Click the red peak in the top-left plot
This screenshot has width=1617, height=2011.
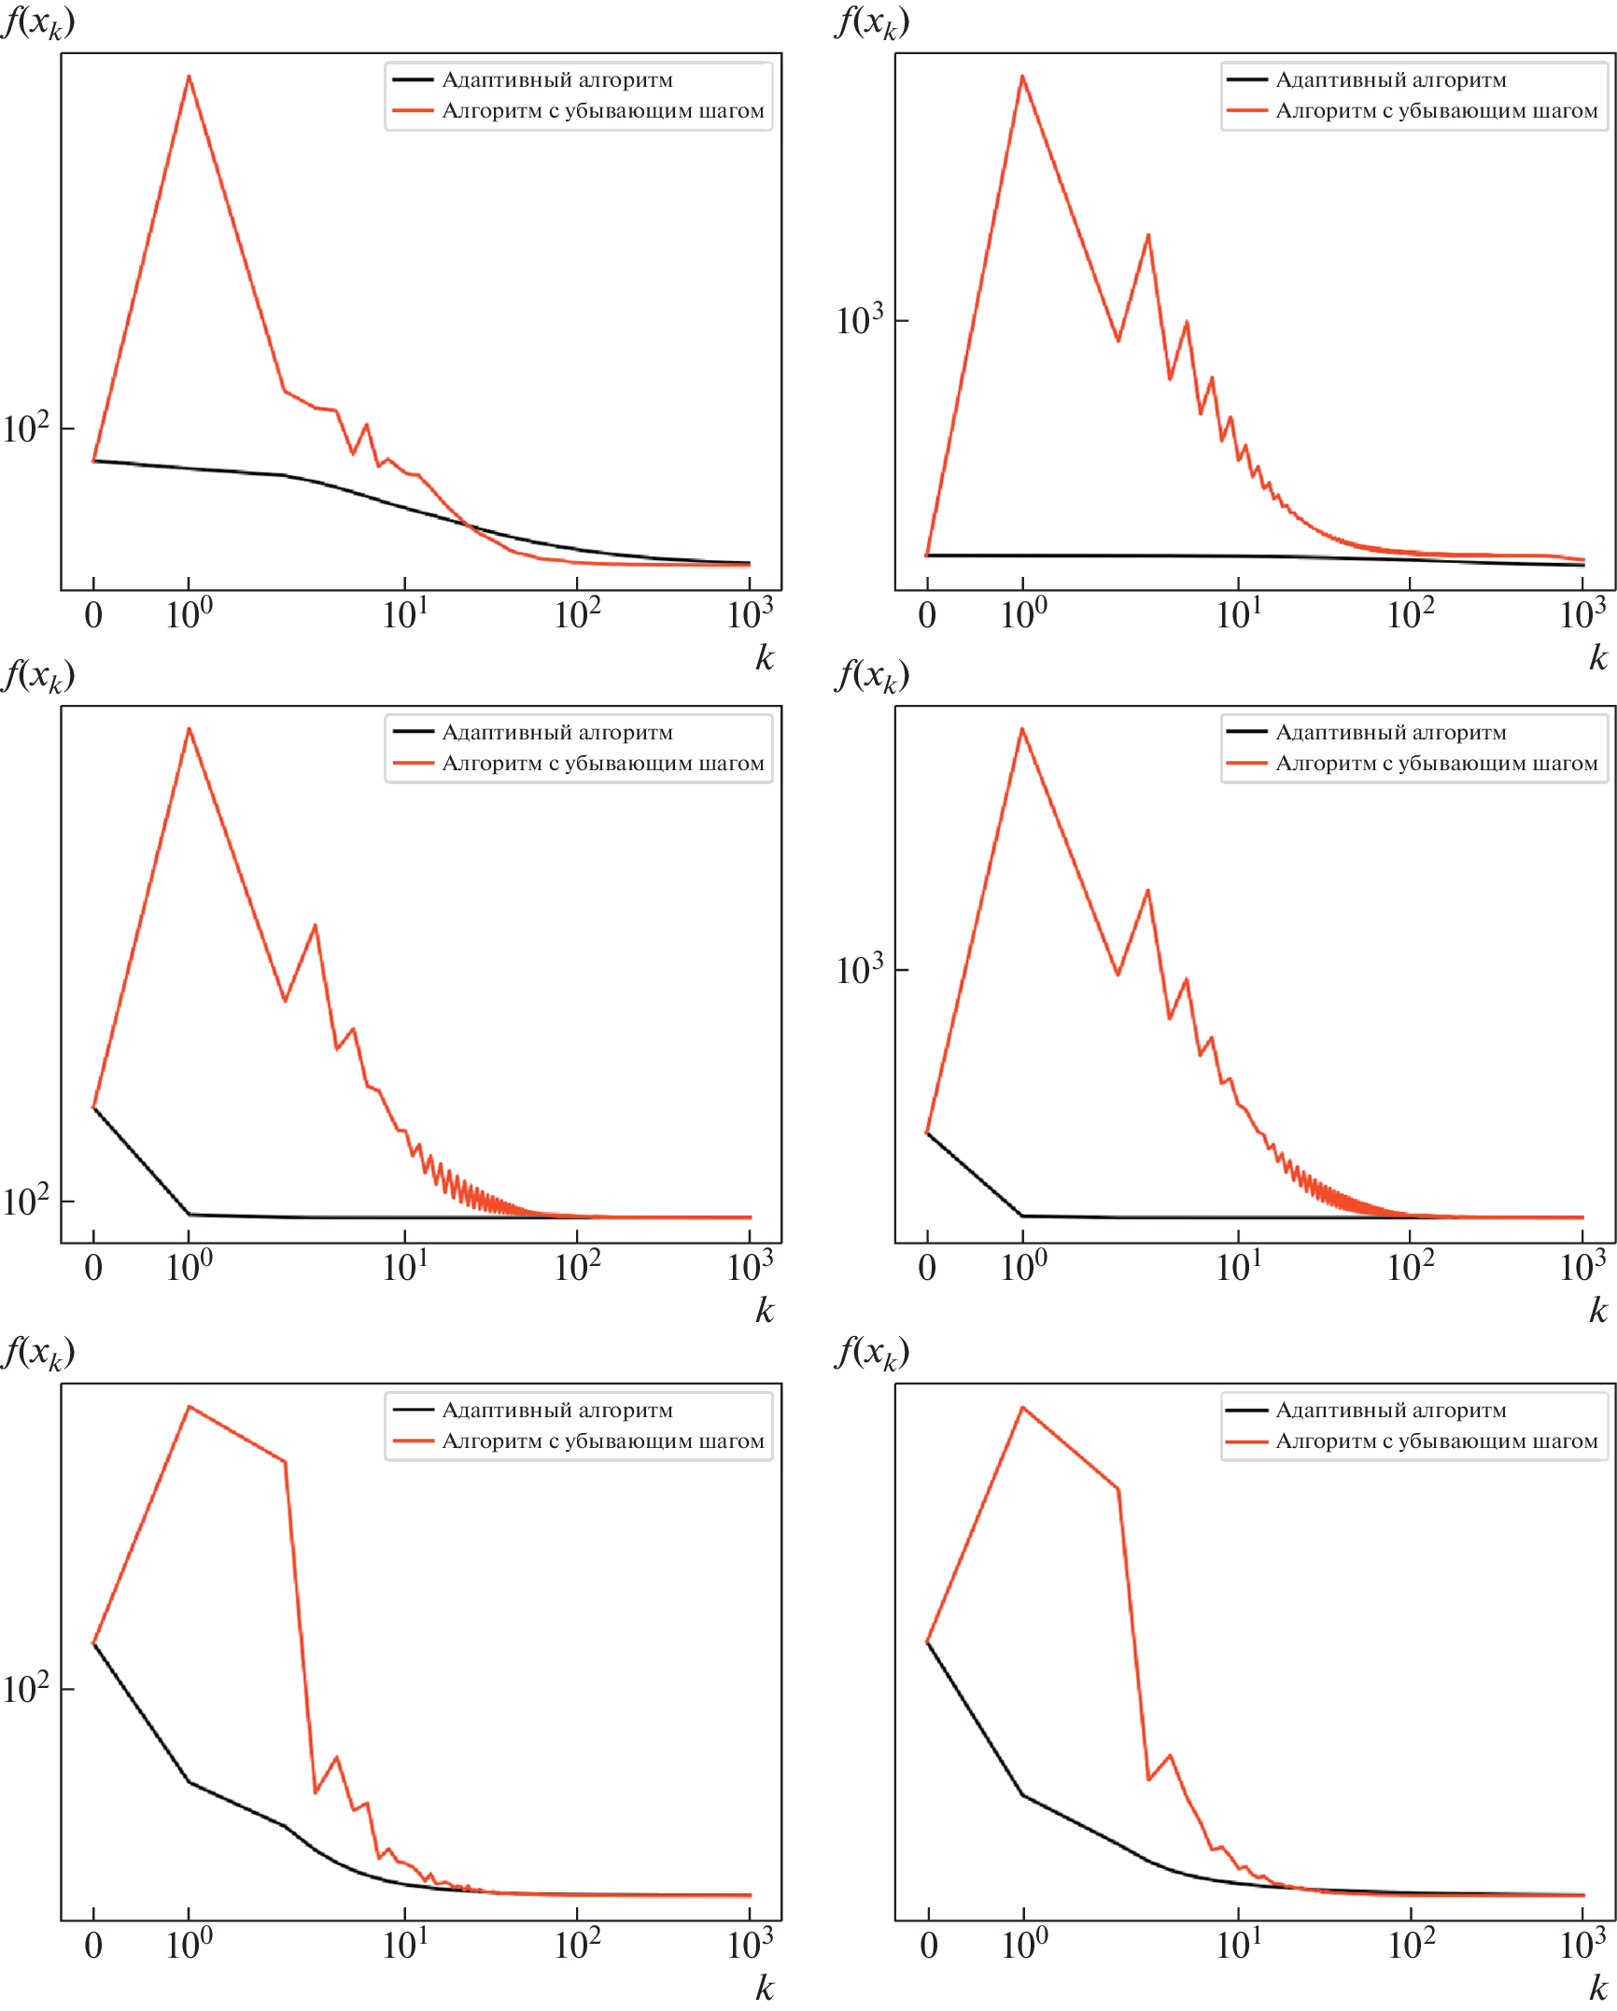189,77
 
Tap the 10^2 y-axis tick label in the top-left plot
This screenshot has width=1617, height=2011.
25,429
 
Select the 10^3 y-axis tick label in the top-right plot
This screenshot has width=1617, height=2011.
859,321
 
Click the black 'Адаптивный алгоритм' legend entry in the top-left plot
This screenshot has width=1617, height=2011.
556,80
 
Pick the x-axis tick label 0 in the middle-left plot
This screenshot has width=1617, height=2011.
93,1268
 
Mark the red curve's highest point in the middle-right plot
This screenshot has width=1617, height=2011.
1022,729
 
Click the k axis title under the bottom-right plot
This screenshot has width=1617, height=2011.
1597,1989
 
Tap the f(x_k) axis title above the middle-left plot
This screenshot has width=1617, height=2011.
38,675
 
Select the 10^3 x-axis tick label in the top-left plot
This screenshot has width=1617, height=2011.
750,615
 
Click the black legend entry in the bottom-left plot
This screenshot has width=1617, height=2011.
556,1411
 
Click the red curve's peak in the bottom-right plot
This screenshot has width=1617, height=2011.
1023,1407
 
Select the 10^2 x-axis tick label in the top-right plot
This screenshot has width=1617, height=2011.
1410,615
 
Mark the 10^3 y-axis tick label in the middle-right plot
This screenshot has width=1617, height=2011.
859,971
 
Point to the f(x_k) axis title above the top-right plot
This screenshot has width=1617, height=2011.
872,22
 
